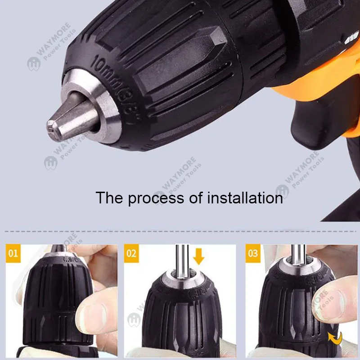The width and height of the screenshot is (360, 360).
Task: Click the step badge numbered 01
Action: point(13,253)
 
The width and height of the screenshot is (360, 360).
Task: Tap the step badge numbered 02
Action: point(131,253)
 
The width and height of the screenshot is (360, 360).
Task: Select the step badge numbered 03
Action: point(253,253)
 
